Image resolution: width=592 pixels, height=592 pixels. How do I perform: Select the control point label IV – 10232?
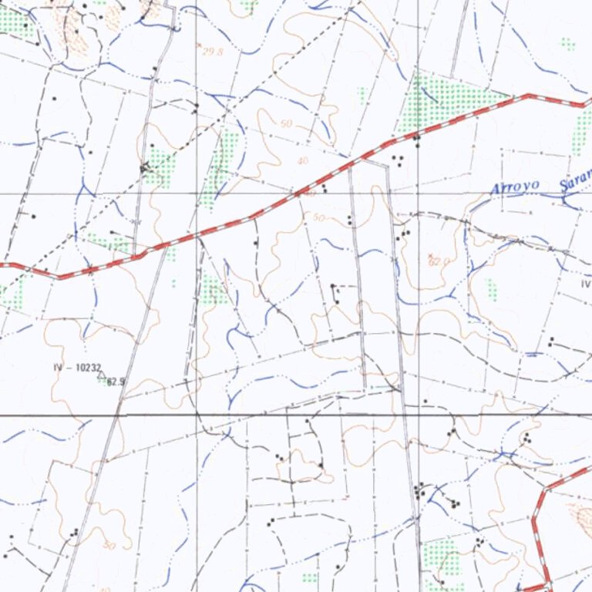[x=77, y=368]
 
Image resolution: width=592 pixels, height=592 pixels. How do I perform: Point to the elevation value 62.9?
[x=116, y=381]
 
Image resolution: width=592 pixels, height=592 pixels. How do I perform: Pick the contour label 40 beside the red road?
[x=302, y=161]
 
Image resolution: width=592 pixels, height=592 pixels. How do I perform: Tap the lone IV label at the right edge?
[x=585, y=284]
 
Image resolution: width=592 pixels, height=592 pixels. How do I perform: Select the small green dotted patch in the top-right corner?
[x=568, y=44]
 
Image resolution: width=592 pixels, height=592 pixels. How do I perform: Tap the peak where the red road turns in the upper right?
[x=529, y=96]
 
